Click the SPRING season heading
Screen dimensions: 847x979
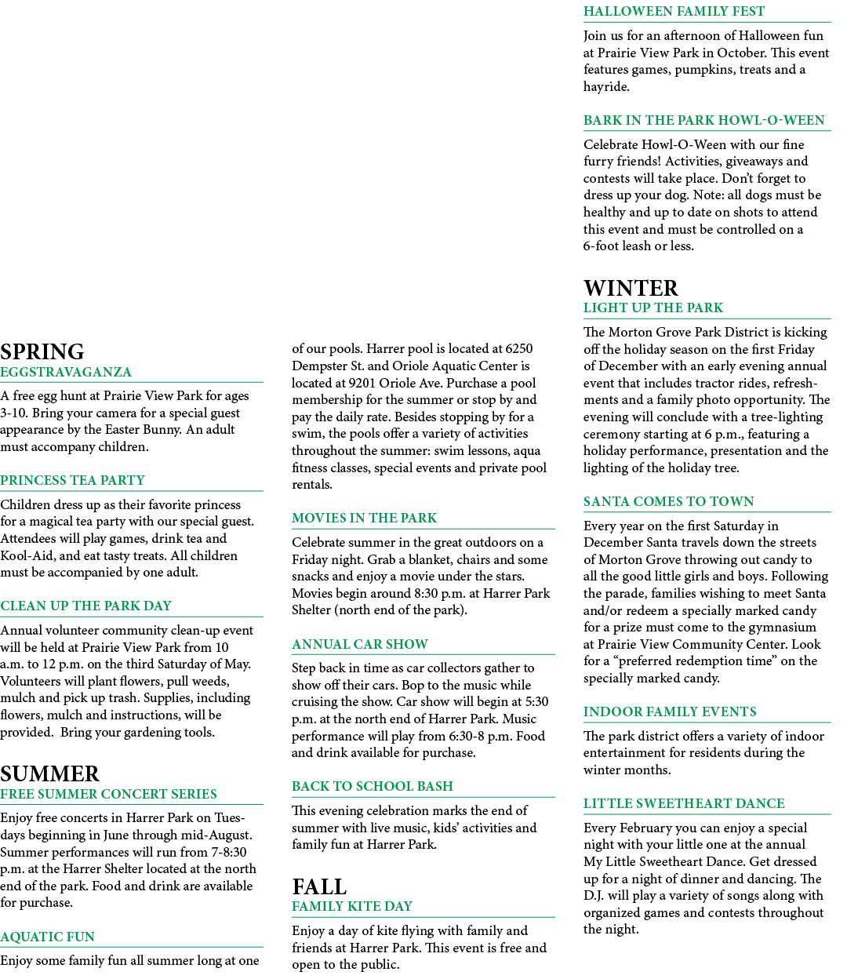pyautogui.click(x=42, y=352)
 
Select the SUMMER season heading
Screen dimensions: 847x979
pyautogui.click(x=49, y=774)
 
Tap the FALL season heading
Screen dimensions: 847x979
pyautogui.click(x=319, y=886)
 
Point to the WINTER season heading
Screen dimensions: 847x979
pyautogui.click(x=631, y=288)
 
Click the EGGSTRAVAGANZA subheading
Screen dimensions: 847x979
pyautogui.click(x=66, y=372)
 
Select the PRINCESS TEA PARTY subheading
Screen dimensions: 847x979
pyautogui.click(x=72, y=480)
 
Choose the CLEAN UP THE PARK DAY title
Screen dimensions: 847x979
pyautogui.click(x=85, y=606)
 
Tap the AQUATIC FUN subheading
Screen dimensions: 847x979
pyautogui.click(x=47, y=937)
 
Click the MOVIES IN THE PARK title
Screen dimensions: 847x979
pyautogui.click(x=364, y=518)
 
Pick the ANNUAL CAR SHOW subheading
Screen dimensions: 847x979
pyautogui.click(x=360, y=644)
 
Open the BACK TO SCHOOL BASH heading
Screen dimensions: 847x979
pyautogui.click(x=372, y=786)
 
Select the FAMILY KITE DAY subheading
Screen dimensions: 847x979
pyautogui.click(x=352, y=906)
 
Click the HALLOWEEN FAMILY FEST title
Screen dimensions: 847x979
pyautogui.click(x=674, y=11)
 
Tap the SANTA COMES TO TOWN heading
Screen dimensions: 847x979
pyautogui.click(x=668, y=501)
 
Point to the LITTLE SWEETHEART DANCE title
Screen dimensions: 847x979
pyautogui.click(x=684, y=803)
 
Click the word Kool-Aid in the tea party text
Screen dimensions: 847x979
pyautogui.click(x=27, y=555)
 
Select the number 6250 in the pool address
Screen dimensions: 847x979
pyautogui.click(x=519, y=348)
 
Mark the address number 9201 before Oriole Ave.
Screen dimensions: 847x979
pyautogui.click(x=362, y=383)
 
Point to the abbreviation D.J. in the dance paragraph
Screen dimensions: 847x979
pyautogui.click(x=594, y=895)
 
